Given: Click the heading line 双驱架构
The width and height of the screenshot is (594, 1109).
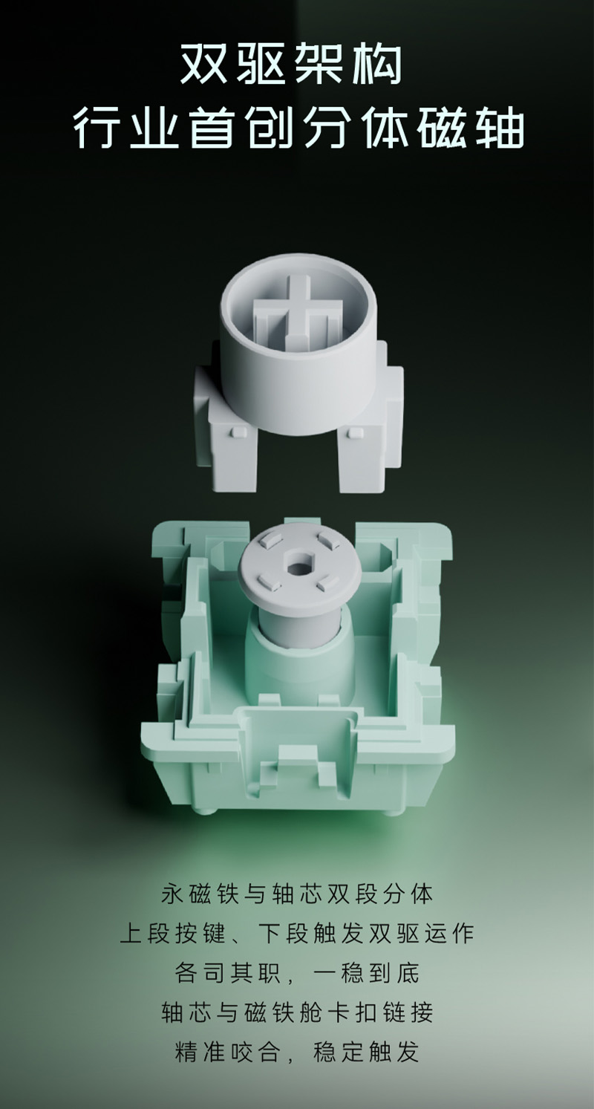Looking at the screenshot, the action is (x=290, y=65).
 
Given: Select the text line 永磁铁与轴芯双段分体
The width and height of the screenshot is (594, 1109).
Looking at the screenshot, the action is (x=297, y=908).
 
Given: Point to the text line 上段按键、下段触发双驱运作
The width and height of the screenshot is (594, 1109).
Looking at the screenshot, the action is (x=297, y=947).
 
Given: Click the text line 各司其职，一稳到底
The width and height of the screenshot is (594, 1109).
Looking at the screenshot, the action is (x=297, y=986).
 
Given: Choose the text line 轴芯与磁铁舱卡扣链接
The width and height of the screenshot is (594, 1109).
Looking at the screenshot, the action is (x=297, y=1027).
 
